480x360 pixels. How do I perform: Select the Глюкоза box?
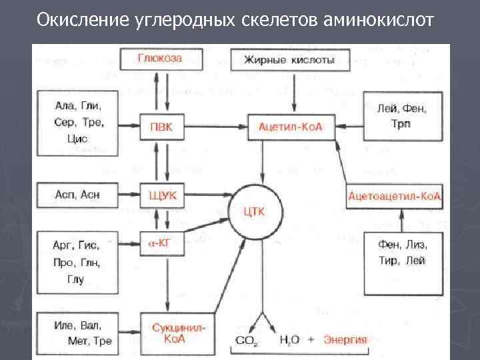tap(160, 59)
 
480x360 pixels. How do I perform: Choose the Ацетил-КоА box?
tap(290, 127)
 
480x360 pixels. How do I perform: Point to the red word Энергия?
tap(345, 339)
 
